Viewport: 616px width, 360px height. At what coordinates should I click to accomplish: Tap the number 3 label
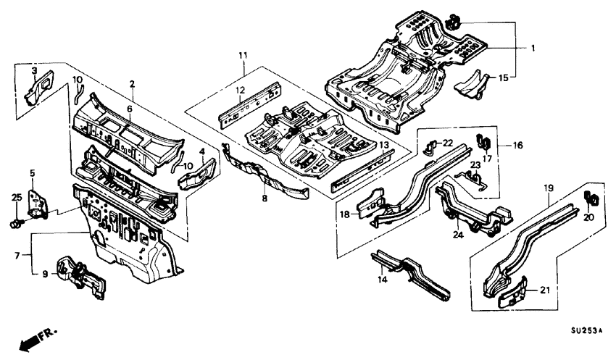(x=34, y=70)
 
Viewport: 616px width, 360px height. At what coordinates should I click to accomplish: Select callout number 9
(x=45, y=274)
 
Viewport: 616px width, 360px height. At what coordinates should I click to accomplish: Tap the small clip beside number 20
(x=589, y=196)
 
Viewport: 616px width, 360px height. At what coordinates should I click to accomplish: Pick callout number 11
(x=244, y=56)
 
